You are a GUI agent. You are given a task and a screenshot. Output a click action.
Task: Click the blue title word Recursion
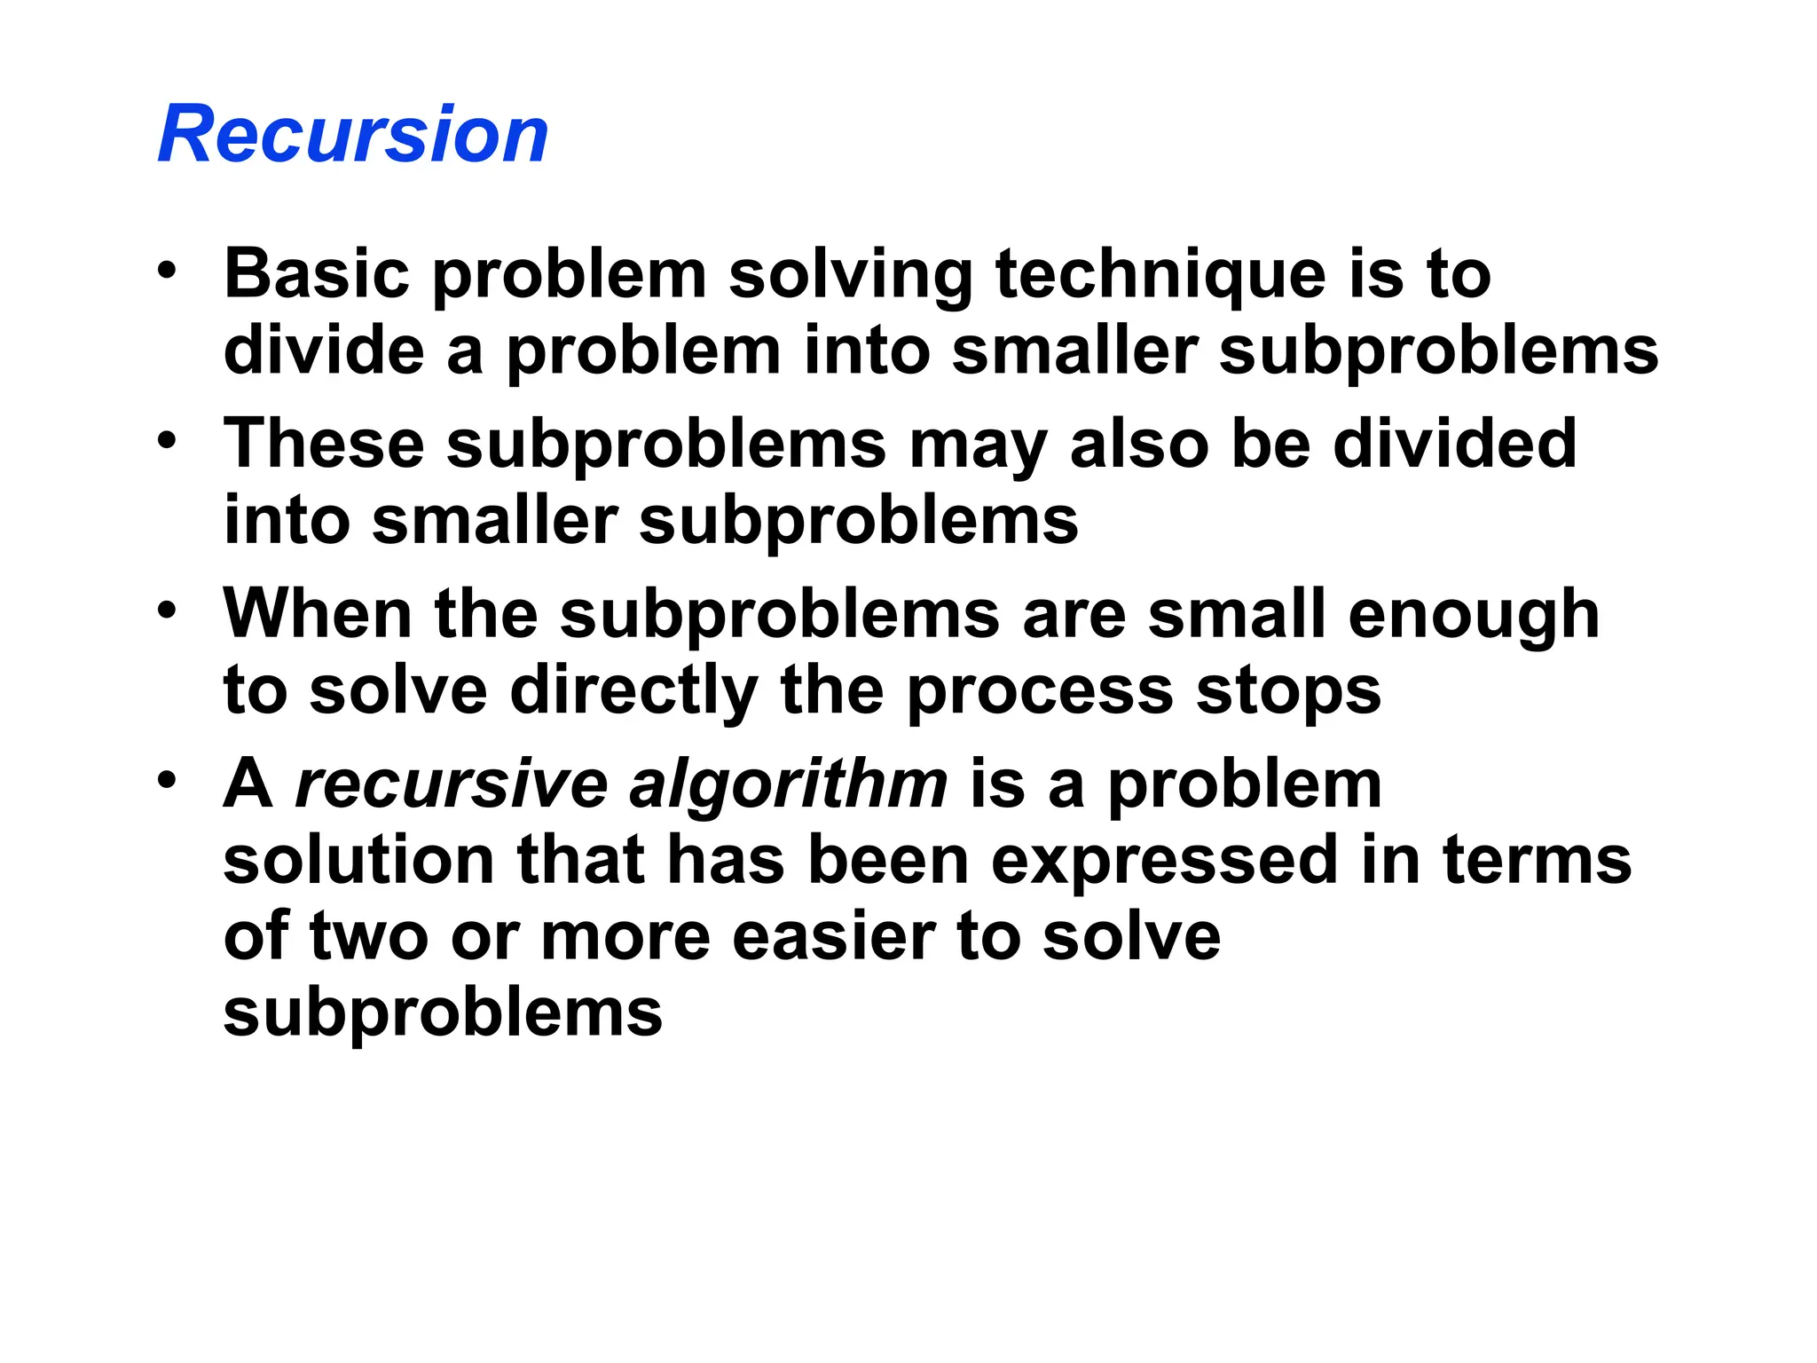tap(353, 135)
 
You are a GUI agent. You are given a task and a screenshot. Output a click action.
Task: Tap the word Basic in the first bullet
tap(317, 273)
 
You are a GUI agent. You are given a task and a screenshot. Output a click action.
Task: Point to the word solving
tap(851, 275)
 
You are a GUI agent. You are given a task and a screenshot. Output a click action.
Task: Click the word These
tap(324, 443)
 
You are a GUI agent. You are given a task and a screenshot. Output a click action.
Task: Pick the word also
tap(1140, 443)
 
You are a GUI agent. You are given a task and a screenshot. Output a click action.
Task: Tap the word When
tap(318, 613)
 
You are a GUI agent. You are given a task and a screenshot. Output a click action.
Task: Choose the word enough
tap(1474, 615)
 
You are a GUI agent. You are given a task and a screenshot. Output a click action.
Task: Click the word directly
tap(633, 691)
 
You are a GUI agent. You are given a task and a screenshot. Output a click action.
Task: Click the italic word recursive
tap(451, 784)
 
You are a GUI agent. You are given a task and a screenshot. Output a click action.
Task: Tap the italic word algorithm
tap(789, 786)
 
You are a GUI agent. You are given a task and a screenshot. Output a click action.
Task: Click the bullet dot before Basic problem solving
tap(167, 270)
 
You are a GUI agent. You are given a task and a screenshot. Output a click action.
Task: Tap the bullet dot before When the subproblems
tap(167, 611)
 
